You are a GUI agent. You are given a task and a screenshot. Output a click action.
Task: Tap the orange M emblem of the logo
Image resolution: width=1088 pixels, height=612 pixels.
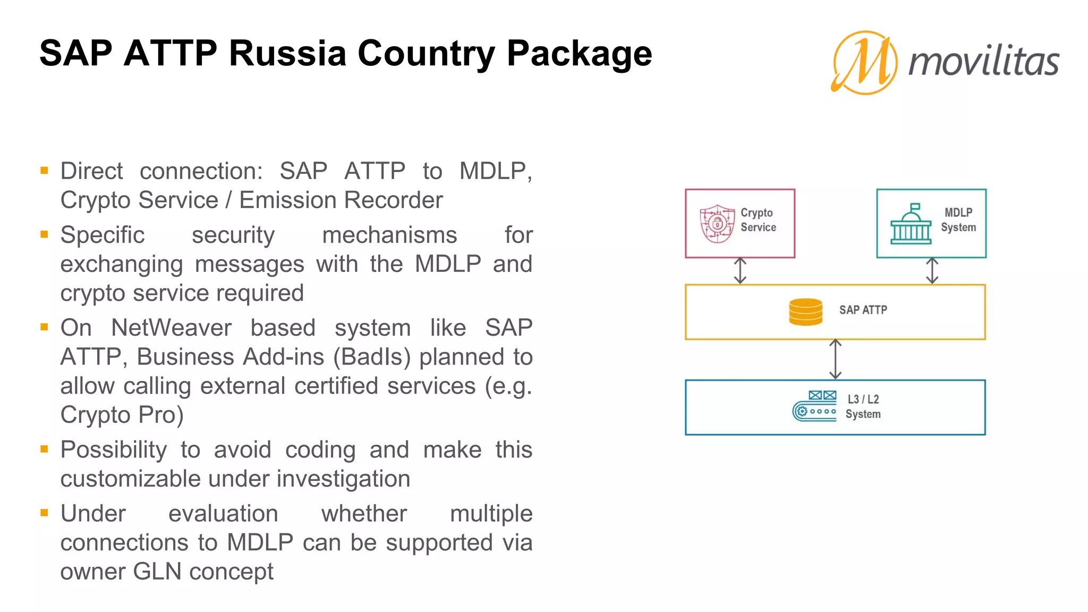point(865,63)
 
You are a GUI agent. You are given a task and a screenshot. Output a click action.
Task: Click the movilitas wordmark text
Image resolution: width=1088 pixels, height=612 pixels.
point(984,62)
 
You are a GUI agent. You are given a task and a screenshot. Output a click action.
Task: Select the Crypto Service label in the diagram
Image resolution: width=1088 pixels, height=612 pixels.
point(758,220)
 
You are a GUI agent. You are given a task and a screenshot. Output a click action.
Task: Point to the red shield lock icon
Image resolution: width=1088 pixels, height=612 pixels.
point(717,224)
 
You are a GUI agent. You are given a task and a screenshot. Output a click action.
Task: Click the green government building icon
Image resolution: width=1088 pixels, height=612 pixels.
point(911,224)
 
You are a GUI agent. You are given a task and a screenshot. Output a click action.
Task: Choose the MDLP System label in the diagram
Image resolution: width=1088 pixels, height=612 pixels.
point(958,220)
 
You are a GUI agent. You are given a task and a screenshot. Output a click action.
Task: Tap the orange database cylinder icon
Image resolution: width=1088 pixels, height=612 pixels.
point(805,312)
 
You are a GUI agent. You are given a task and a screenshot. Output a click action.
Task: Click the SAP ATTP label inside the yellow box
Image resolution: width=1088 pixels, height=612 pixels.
point(863,310)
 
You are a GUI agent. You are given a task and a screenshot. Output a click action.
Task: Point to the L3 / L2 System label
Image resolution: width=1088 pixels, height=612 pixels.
point(863,406)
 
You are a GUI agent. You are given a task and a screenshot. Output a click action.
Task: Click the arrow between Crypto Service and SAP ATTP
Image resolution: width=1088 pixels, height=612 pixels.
point(740,271)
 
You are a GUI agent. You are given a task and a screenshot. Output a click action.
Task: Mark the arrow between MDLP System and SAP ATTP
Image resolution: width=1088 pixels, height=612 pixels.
point(932,271)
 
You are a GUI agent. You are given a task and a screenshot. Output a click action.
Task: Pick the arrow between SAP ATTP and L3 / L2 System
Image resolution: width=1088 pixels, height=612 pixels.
point(835,360)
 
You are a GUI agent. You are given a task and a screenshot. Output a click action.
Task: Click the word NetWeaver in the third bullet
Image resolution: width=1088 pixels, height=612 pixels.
point(171,328)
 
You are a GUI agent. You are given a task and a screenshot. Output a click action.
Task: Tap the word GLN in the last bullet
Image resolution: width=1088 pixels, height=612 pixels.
point(157,572)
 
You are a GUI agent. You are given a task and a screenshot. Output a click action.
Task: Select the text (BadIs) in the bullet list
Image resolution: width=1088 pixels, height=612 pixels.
point(372,357)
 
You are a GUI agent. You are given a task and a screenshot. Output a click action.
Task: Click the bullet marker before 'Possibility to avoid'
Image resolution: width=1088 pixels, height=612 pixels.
point(44,449)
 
